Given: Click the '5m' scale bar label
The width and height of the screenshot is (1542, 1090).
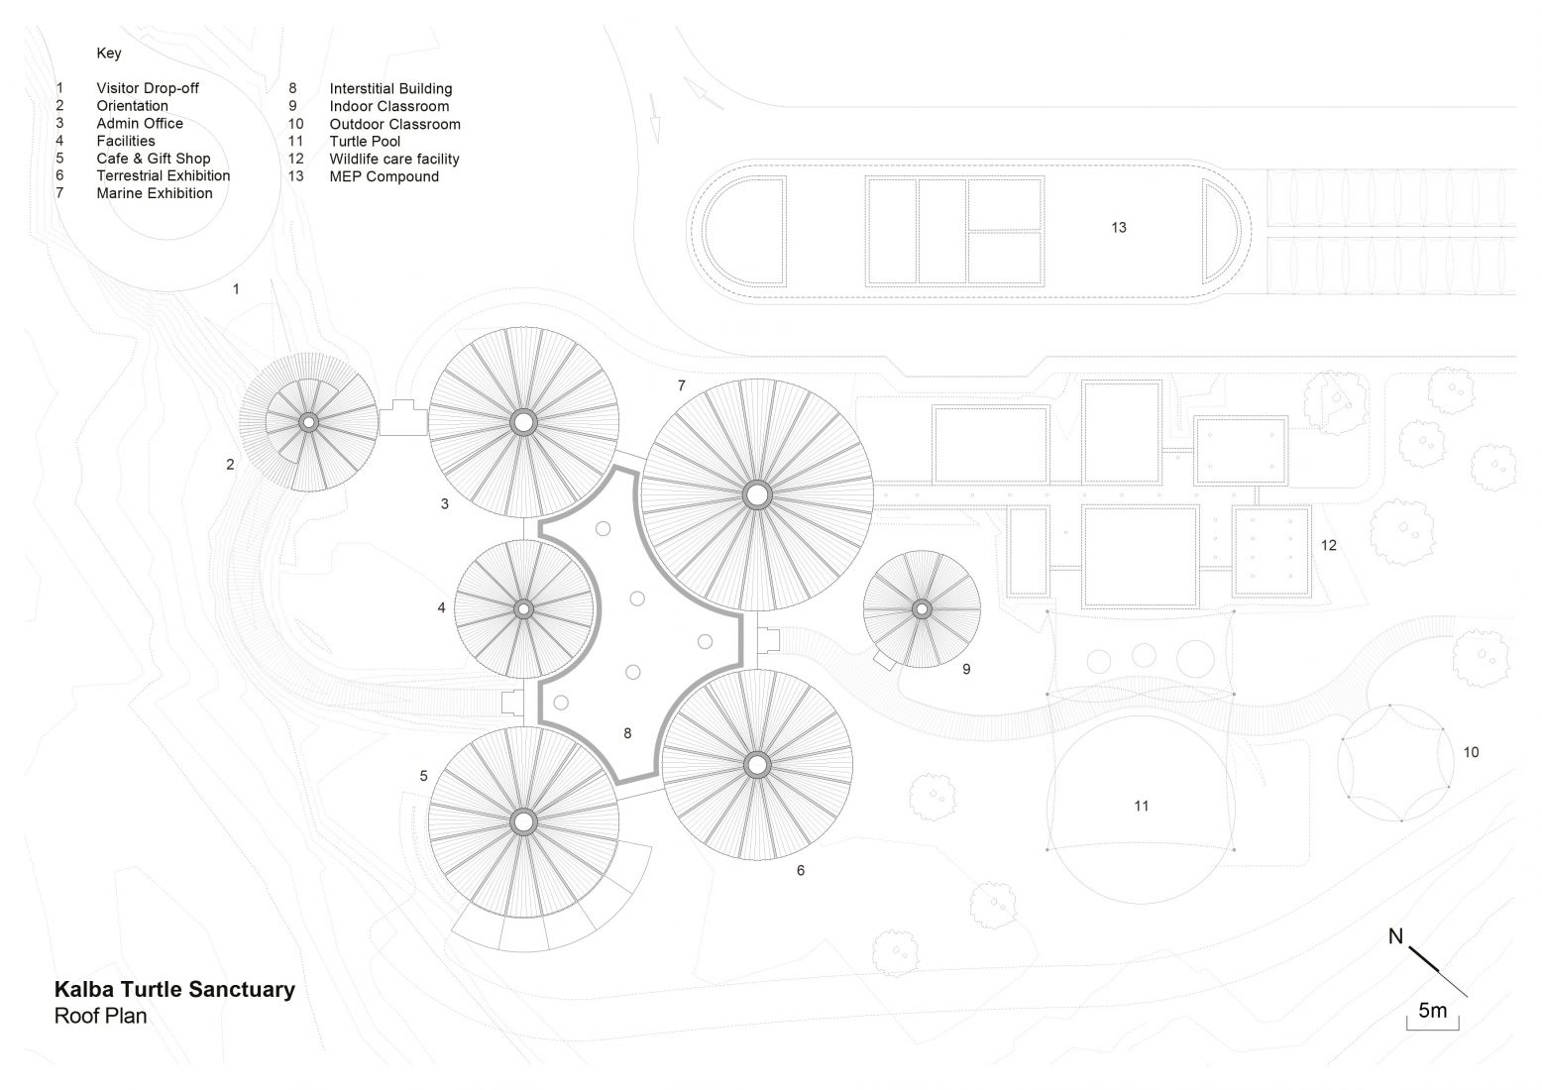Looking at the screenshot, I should point(1433,1011).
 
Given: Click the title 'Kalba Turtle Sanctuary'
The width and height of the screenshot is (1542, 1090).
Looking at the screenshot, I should point(174,989).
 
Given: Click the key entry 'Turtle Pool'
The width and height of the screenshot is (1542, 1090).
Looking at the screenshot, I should point(365,142).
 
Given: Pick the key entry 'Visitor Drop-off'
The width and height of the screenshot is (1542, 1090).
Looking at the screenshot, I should point(148,88).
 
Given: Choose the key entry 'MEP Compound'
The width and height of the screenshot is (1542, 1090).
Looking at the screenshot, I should point(384,176).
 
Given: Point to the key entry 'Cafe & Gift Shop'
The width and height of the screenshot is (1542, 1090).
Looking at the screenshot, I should point(154,159).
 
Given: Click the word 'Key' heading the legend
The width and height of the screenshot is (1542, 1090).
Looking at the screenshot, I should point(109,54).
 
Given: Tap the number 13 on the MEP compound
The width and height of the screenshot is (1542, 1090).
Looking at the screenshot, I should point(1118,228).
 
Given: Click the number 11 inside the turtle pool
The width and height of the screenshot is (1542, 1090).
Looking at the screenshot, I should point(1141,807).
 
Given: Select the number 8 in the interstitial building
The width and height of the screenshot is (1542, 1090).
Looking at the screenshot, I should point(627,733).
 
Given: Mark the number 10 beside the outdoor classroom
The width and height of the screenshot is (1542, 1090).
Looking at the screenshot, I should point(1471,753).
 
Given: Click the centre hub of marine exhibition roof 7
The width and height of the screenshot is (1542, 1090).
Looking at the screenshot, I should point(757,493).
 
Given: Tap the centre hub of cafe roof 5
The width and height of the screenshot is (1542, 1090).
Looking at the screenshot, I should point(523,820).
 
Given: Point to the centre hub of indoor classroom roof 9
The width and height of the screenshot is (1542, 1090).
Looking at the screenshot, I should point(922,608).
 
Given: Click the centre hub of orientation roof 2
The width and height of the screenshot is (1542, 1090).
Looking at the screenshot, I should point(308,422).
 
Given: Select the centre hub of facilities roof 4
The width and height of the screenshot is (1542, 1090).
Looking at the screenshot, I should point(523,608).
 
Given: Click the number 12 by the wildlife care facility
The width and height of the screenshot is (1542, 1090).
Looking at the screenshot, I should point(1328,546).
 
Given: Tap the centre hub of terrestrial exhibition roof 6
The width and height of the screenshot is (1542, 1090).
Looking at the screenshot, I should point(757,765).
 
